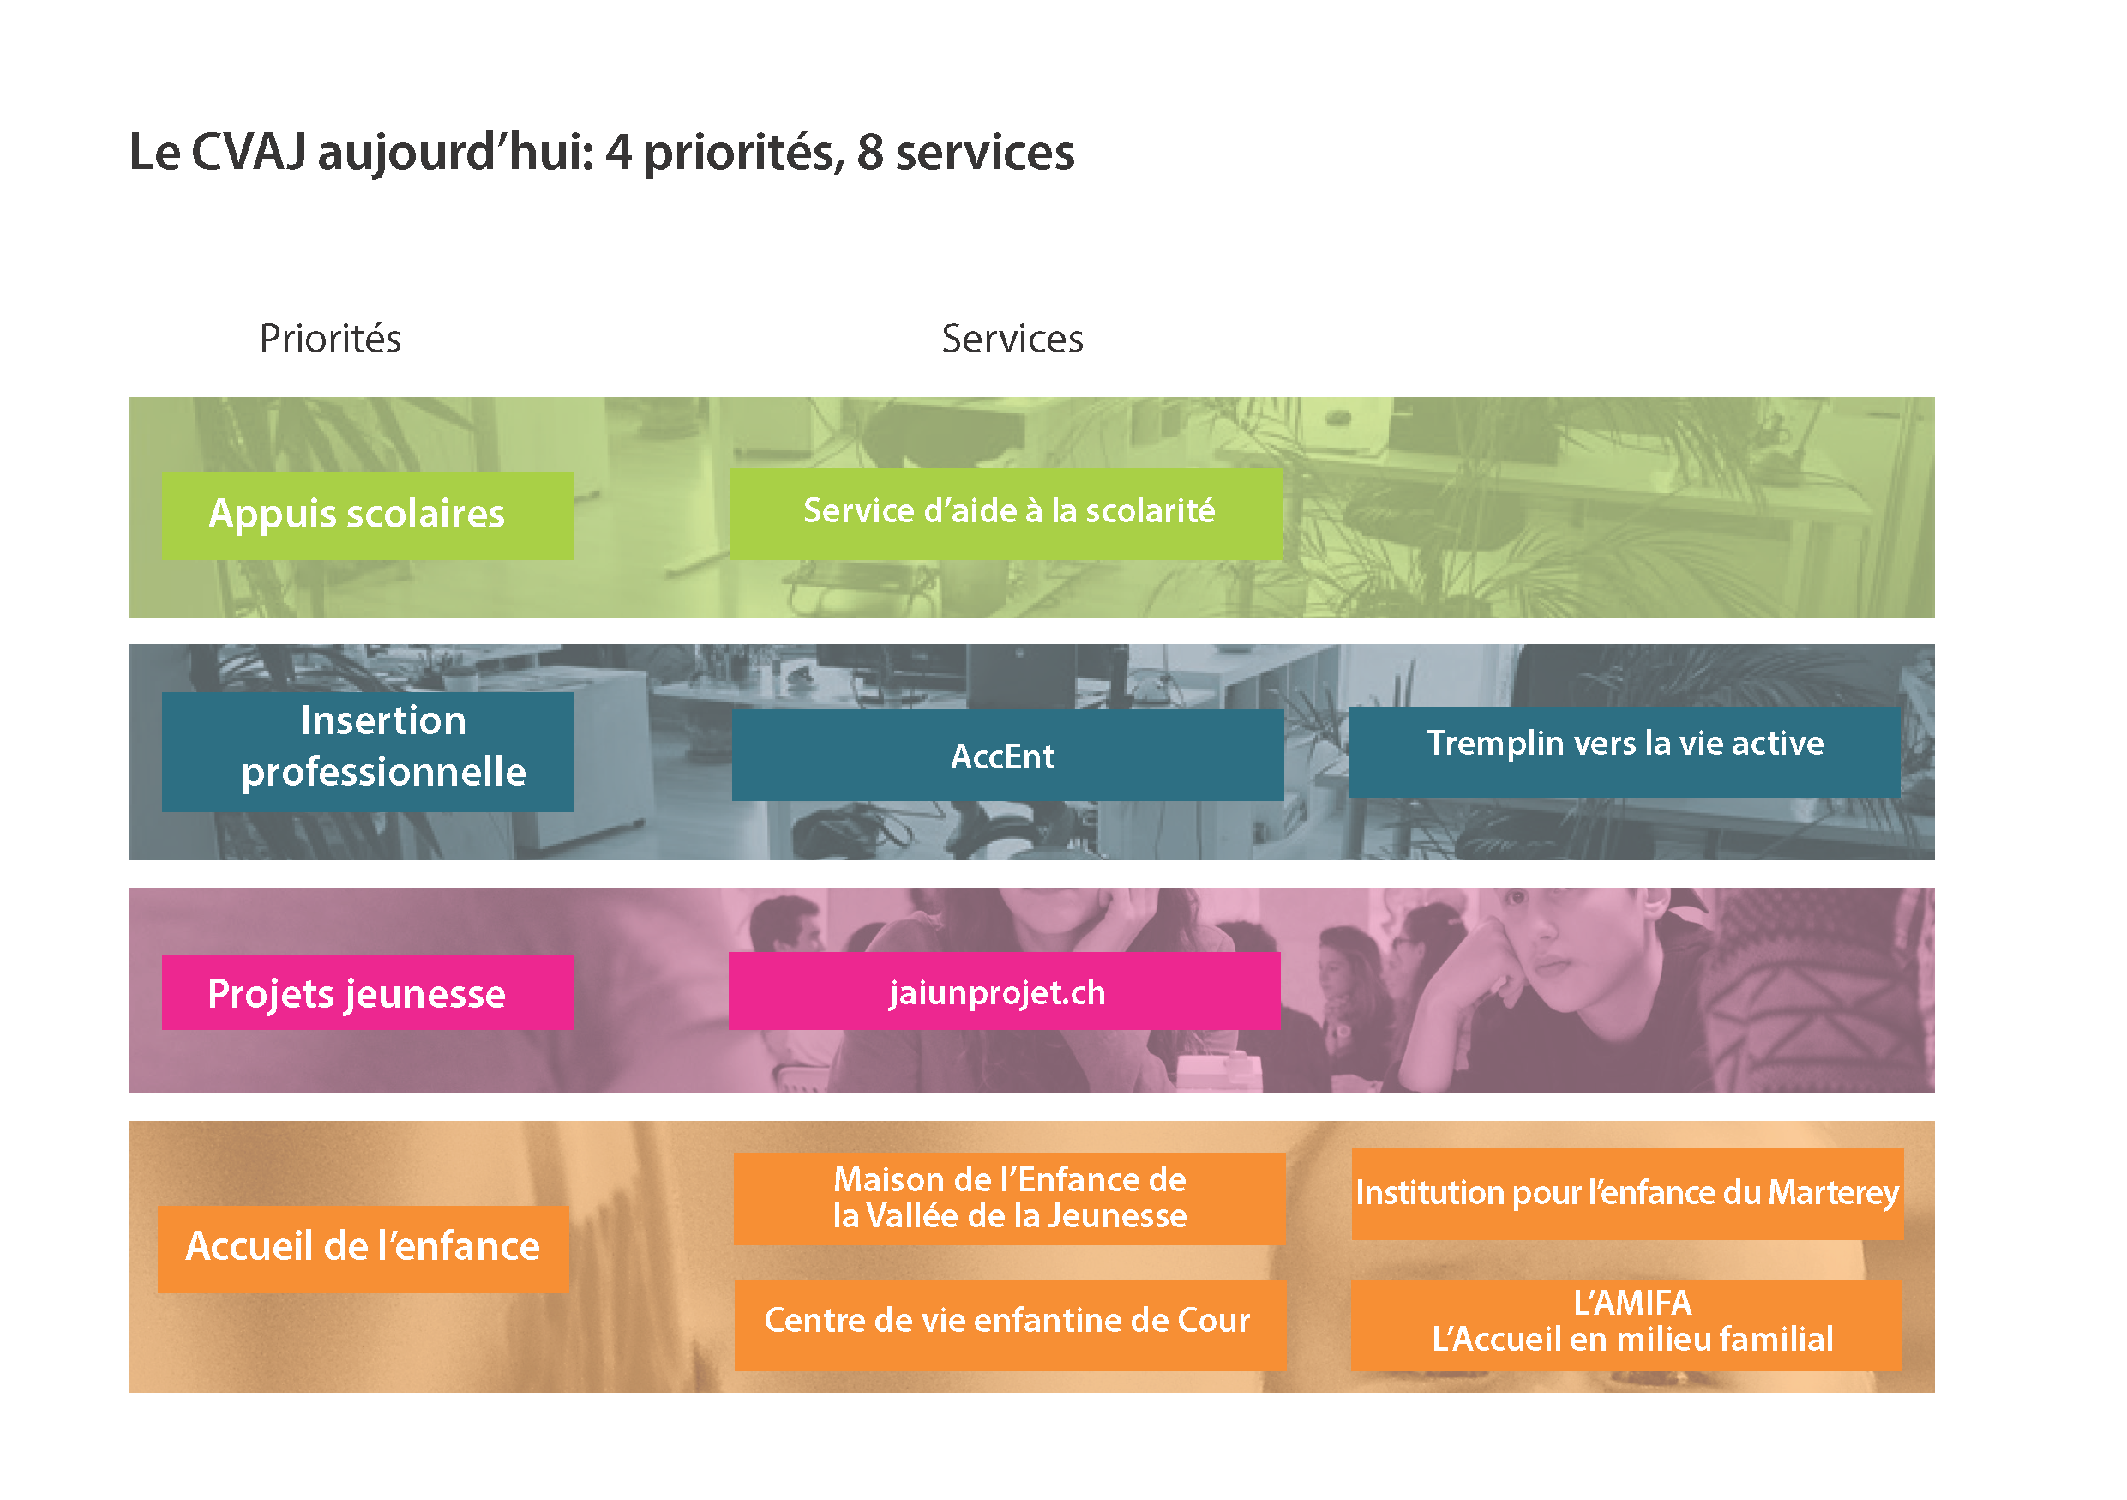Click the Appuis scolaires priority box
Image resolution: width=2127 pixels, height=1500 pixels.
point(367,515)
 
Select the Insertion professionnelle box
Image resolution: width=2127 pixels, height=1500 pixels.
point(367,751)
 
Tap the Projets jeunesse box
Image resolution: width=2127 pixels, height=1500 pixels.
point(367,992)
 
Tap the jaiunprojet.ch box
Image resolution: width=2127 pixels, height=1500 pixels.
point(1004,991)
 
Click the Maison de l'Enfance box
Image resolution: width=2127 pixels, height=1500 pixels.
point(1009,1198)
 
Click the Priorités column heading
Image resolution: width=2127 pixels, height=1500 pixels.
point(330,339)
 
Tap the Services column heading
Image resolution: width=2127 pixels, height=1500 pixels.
point(1012,339)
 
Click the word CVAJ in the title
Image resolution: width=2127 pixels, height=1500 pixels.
point(249,152)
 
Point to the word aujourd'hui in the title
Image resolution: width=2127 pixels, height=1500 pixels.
point(455,154)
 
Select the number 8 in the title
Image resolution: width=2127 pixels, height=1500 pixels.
point(870,153)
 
